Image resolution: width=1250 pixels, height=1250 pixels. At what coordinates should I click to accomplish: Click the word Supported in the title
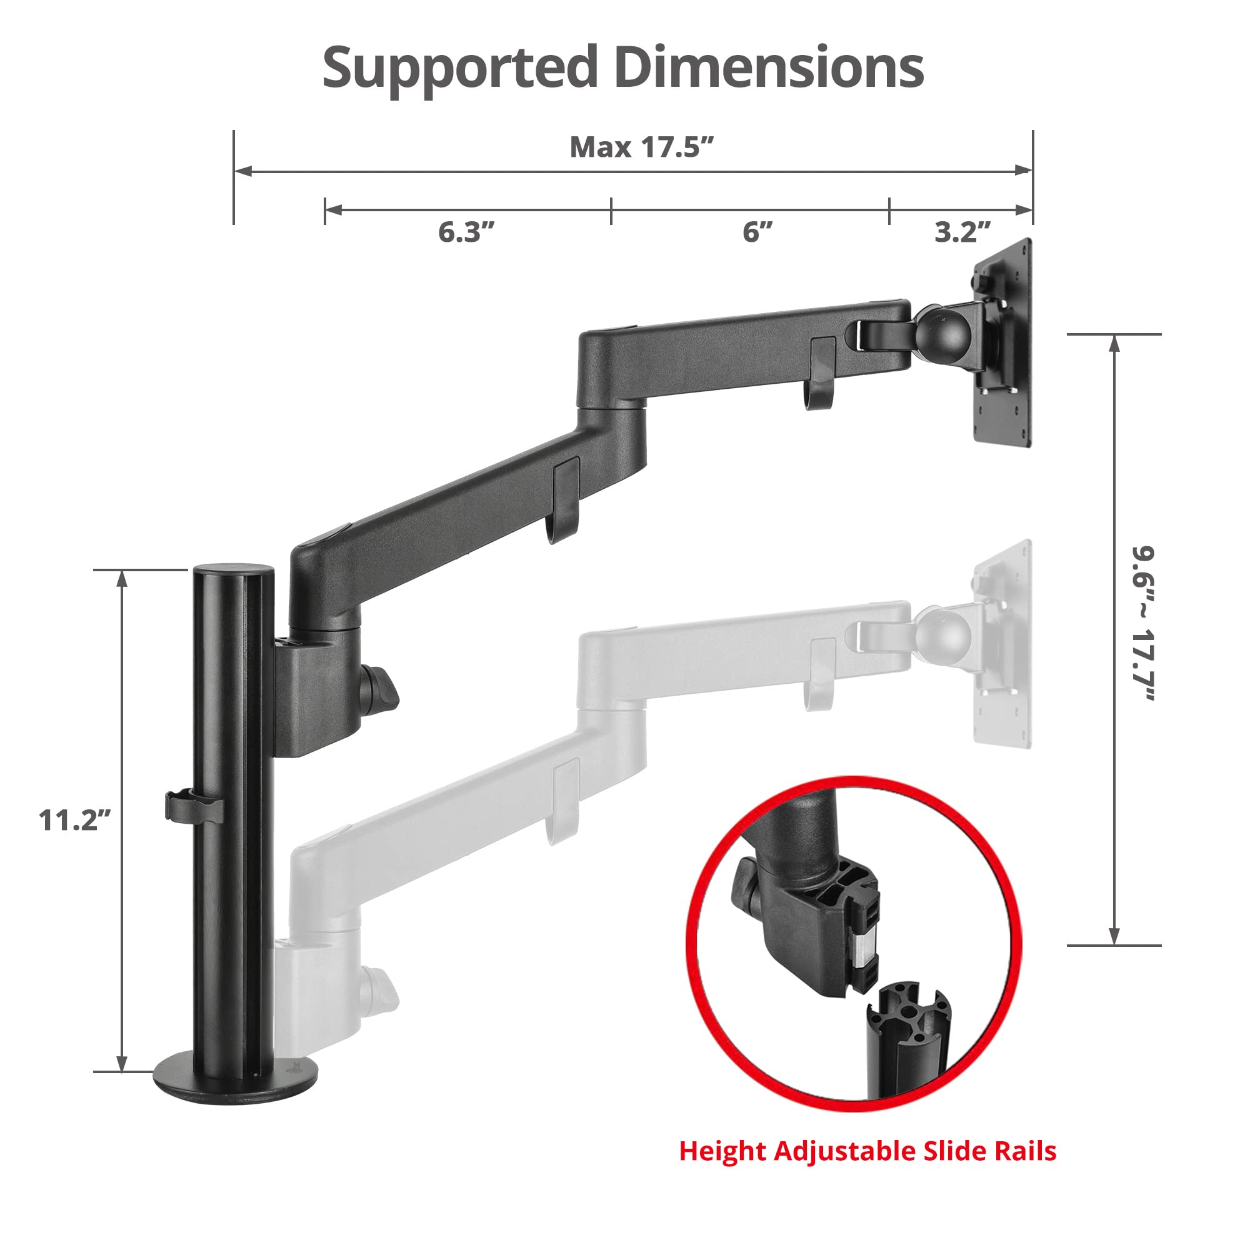459,68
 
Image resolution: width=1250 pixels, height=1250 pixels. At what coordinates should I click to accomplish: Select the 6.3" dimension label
466,232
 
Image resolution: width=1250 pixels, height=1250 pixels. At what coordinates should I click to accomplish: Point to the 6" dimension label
757,232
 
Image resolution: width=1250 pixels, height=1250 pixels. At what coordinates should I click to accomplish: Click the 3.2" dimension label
962,232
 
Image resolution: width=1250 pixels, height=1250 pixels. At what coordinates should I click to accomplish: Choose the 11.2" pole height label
74,821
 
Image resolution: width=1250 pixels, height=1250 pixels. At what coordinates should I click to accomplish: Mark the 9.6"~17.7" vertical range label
1142,624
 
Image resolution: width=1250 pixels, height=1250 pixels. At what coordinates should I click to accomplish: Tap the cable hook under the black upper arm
821,373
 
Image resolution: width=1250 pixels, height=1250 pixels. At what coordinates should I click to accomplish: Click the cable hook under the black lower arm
564,499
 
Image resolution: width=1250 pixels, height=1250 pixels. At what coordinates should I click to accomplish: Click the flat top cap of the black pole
234,571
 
